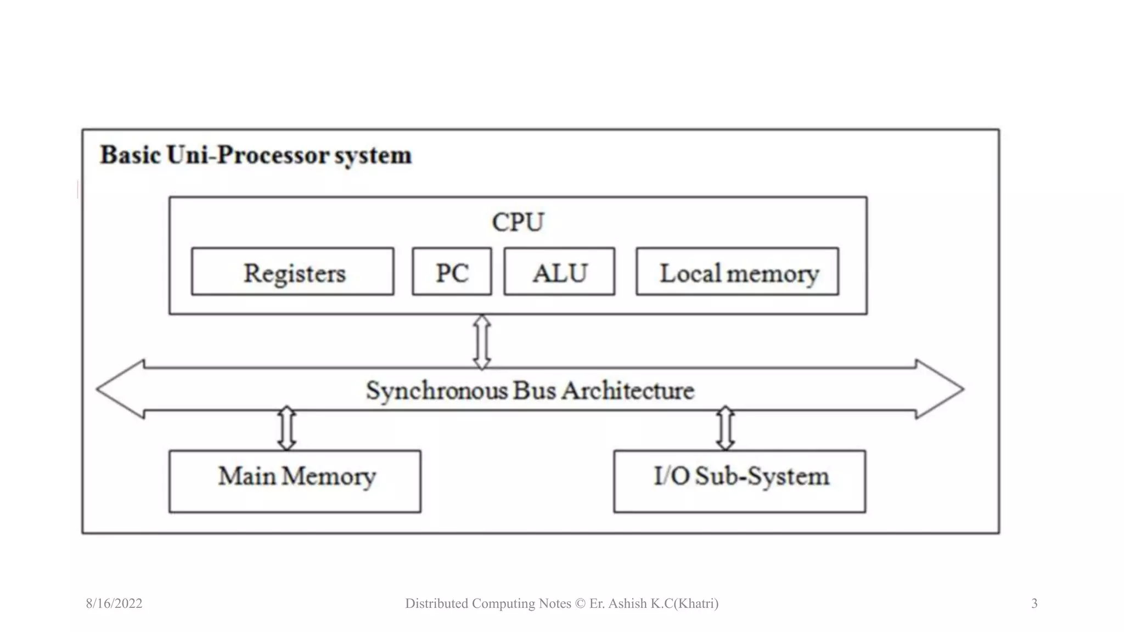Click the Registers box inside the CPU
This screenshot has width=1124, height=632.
click(293, 272)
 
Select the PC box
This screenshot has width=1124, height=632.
click(452, 272)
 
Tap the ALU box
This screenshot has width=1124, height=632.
click(559, 272)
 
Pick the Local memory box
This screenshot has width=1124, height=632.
click(737, 272)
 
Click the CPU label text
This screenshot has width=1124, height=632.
click(518, 222)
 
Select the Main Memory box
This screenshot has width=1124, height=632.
click(295, 481)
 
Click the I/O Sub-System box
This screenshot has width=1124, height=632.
click(739, 481)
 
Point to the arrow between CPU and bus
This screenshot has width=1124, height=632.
click(482, 342)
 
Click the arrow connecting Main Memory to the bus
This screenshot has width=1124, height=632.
click(286, 428)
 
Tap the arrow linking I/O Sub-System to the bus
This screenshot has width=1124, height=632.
click(726, 428)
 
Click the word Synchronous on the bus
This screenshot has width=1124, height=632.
click(437, 391)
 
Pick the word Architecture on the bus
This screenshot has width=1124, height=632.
click(628, 391)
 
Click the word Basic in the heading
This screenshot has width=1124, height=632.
click(130, 155)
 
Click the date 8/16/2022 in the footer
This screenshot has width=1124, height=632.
click(114, 603)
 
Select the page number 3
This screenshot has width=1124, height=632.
click(1034, 603)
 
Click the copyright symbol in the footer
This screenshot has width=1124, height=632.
click(580, 603)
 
